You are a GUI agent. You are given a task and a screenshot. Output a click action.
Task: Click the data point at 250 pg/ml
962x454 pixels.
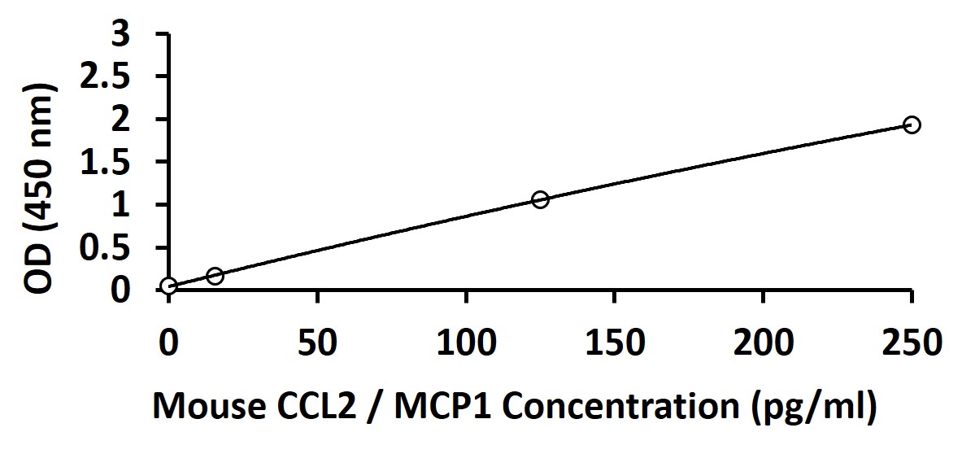click(x=912, y=124)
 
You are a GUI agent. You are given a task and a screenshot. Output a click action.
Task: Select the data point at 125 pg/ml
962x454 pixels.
click(x=540, y=199)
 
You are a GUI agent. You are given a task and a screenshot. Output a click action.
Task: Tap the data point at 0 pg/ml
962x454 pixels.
click(x=168, y=286)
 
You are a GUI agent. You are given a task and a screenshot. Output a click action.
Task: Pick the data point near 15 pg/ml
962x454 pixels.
click(x=215, y=276)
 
